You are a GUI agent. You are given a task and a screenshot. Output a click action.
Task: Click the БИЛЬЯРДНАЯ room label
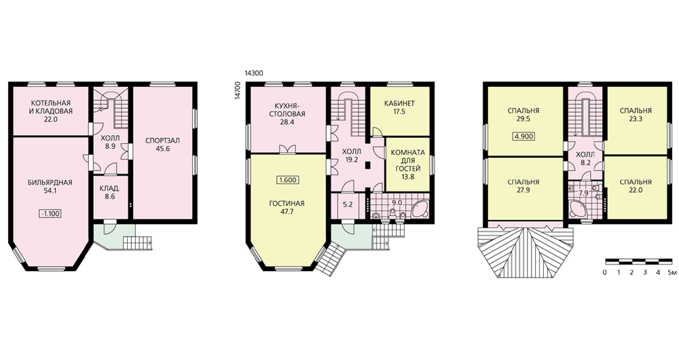coord(50,183)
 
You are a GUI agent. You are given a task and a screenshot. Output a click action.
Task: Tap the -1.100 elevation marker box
coord(51,213)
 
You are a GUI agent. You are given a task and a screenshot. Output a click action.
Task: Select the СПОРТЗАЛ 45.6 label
coord(162,144)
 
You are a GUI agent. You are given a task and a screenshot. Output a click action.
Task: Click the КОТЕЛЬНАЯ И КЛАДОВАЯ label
coord(51,107)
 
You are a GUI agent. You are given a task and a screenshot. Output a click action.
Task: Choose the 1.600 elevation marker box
coord(288,180)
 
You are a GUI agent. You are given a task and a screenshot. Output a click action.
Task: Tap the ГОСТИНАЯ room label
coord(287,203)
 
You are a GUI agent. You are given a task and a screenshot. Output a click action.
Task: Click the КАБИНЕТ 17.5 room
coord(399,111)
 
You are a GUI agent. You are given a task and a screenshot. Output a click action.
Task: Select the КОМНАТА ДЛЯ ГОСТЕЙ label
coord(408,160)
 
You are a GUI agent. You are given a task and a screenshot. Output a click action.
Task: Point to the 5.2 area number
coord(348,204)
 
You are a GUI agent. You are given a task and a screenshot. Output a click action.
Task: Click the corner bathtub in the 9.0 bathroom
coord(420,210)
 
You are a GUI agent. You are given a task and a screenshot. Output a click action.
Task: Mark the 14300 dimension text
coord(254,73)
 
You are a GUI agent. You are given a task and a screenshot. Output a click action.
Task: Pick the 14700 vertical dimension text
coord(236,90)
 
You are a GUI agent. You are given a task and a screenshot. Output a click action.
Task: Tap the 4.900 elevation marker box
coord(524,137)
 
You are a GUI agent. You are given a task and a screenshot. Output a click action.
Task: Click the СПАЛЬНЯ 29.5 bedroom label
coord(524,114)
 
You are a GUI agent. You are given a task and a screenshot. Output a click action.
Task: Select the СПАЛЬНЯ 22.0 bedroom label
coord(636,186)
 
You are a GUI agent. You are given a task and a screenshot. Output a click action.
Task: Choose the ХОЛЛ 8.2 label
coord(585,158)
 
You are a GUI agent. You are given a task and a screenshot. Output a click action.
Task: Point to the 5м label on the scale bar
coord(672,272)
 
